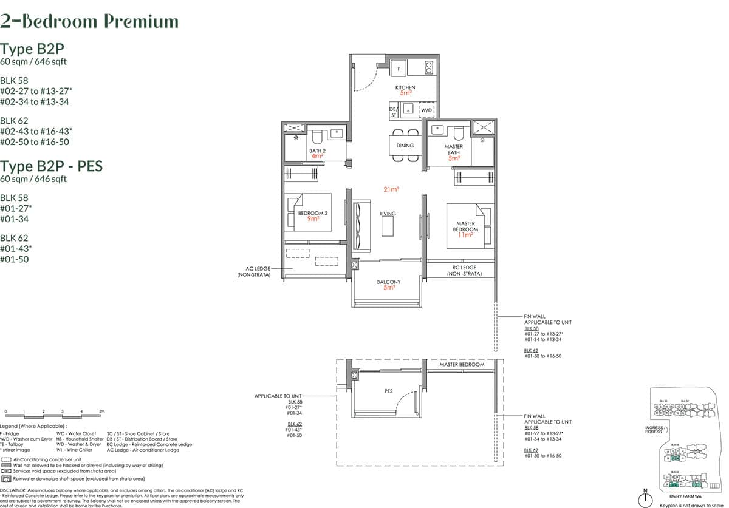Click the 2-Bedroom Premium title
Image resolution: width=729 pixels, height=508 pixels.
click(89, 22)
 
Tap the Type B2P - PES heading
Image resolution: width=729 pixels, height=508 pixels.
click(51, 166)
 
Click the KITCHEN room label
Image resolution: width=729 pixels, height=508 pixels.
click(405, 88)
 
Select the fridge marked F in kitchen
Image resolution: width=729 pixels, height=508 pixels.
click(399, 69)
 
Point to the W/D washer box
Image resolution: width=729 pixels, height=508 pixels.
click(427, 110)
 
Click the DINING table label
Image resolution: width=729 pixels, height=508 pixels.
click(405, 146)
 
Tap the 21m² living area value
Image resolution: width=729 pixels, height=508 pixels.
click(391, 190)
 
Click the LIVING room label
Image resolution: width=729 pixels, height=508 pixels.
click(388, 214)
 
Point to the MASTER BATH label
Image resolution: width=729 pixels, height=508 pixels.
click(453, 149)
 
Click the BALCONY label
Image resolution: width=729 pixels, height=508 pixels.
click(388, 282)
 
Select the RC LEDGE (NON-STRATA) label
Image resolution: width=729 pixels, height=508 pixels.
click(464, 271)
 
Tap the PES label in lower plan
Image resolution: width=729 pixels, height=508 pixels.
click(388, 391)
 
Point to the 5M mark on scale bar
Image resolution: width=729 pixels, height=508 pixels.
click(101, 411)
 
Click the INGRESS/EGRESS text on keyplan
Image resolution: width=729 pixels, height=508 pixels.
click(654, 430)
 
